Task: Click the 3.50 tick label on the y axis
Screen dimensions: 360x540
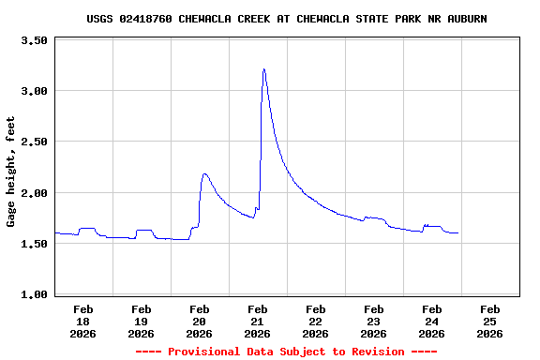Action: [34, 40]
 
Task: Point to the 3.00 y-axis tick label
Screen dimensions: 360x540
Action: [34, 91]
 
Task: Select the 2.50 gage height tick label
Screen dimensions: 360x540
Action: [34, 142]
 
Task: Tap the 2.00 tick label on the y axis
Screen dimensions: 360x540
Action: [34, 193]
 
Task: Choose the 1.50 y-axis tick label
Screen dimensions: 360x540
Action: [34, 244]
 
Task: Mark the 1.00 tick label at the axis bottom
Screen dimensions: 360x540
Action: [34, 294]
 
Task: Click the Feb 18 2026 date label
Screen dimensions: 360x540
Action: [83, 321]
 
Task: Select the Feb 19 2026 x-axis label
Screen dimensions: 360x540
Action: [142, 321]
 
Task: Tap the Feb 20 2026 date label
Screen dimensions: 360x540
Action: [200, 321]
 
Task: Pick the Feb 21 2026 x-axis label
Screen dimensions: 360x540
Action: [258, 321]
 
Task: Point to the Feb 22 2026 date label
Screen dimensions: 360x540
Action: [316, 321]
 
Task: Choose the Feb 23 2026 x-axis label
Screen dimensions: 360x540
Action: [374, 321]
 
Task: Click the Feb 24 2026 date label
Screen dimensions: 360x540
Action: [432, 321]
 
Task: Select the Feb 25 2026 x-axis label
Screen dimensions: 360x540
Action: [490, 321]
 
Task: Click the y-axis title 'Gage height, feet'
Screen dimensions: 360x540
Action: [11, 172]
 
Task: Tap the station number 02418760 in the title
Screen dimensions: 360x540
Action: [145, 19]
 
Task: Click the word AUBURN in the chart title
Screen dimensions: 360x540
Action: [466, 19]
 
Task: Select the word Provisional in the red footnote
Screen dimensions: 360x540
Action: [204, 352]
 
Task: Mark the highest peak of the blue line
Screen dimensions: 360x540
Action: [264, 68]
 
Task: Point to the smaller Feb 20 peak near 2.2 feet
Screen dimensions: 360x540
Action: [204, 173]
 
